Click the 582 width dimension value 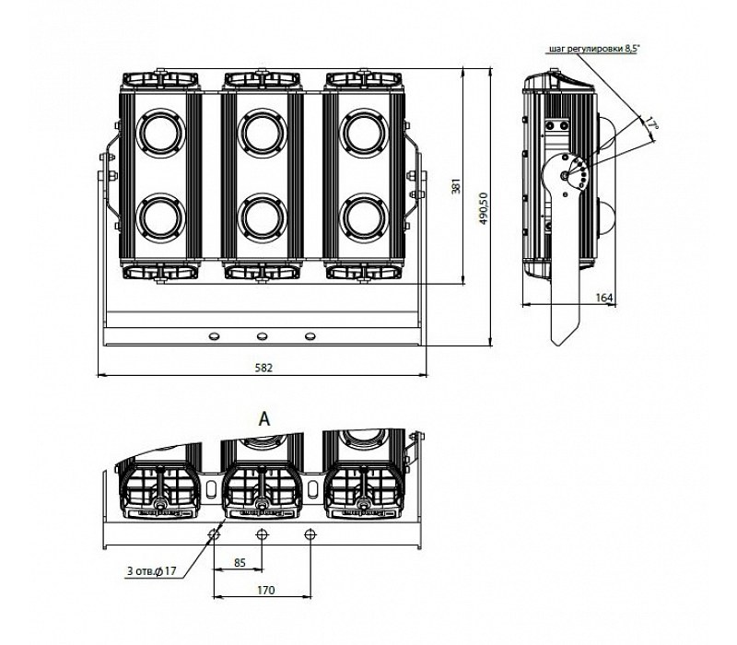(263, 367)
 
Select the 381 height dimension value (455, 187)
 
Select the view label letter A (263, 417)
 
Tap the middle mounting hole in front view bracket (262, 335)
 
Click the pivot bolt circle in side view (565, 174)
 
